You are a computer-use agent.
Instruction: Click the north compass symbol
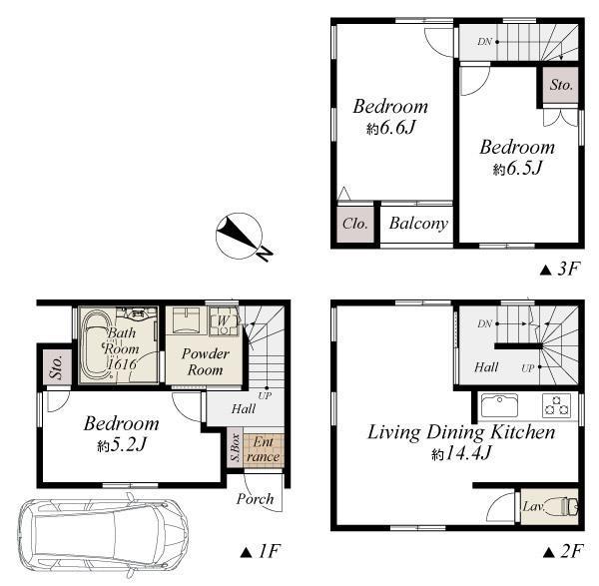[x=241, y=237]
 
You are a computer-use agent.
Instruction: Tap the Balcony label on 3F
[x=418, y=224]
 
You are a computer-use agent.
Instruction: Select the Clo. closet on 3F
[x=355, y=225]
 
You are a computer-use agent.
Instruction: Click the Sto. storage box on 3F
[x=560, y=85]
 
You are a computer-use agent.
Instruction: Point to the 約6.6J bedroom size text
[x=390, y=128]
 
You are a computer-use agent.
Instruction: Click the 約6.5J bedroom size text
[x=517, y=169]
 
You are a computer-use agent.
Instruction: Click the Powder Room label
[x=205, y=361]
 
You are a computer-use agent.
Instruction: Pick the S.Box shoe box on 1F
[x=235, y=447]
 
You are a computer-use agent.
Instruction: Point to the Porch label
[x=255, y=499]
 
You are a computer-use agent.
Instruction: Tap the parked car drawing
[x=103, y=534]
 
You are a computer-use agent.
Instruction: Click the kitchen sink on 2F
[x=499, y=405]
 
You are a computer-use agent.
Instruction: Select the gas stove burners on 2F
[x=557, y=405]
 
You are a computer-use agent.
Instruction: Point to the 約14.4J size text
[x=460, y=454]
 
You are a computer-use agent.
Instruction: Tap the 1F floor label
[x=261, y=551]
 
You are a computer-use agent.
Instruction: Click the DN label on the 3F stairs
[x=484, y=42]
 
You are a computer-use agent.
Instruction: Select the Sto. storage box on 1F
[x=57, y=367]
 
